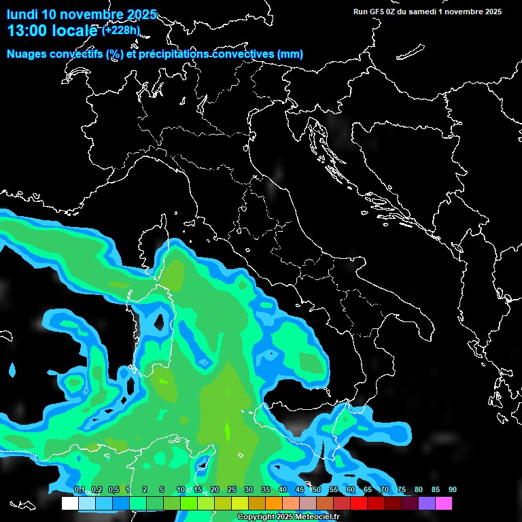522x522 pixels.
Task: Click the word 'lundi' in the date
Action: (x=22, y=14)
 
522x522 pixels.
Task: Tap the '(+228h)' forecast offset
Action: (x=121, y=30)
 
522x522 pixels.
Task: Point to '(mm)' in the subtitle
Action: (x=290, y=54)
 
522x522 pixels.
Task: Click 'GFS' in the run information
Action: (x=377, y=12)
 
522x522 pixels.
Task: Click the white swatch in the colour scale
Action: (x=69, y=504)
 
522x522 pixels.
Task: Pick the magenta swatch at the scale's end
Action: (x=444, y=504)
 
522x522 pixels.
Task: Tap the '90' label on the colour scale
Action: (x=453, y=490)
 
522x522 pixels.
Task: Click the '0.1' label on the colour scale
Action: (x=80, y=490)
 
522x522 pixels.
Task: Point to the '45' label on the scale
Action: (x=300, y=490)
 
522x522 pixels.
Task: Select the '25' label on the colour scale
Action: (x=232, y=490)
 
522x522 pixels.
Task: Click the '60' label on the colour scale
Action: (x=351, y=490)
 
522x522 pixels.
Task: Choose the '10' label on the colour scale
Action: (x=180, y=490)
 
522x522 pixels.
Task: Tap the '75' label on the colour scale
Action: (x=402, y=490)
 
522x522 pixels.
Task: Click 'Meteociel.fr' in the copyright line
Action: (x=317, y=517)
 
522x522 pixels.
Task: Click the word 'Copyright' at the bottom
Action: (x=258, y=517)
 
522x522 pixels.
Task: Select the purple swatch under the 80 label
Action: (x=427, y=504)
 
